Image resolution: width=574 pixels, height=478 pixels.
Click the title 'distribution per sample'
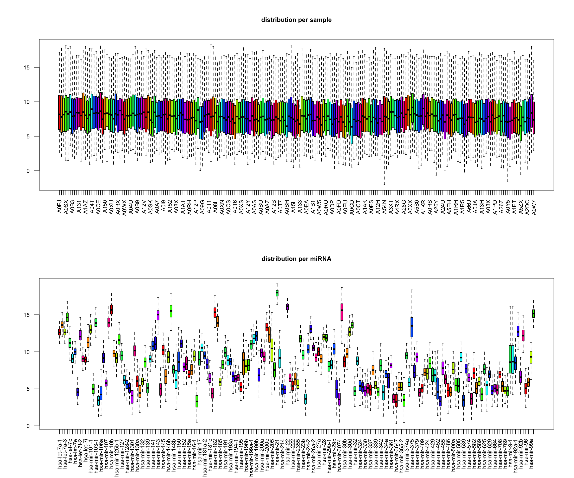click(x=296, y=20)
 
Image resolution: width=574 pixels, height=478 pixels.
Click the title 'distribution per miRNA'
click(x=296, y=259)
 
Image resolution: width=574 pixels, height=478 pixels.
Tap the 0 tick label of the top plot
click(x=28, y=171)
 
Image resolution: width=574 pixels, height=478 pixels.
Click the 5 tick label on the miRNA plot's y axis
click(x=28, y=389)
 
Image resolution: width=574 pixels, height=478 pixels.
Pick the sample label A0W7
click(x=534, y=208)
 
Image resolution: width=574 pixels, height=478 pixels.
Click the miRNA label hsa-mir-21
click(x=277, y=448)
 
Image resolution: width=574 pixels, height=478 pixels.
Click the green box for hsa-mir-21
click(x=277, y=293)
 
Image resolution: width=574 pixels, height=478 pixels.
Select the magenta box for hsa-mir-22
click(x=287, y=307)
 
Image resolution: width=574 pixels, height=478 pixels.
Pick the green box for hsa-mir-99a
click(x=534, y=313)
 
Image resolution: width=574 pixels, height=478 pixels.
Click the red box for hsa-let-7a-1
click(x=60, y=332)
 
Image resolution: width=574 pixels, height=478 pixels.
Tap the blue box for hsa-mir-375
click(x=412, y=327)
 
